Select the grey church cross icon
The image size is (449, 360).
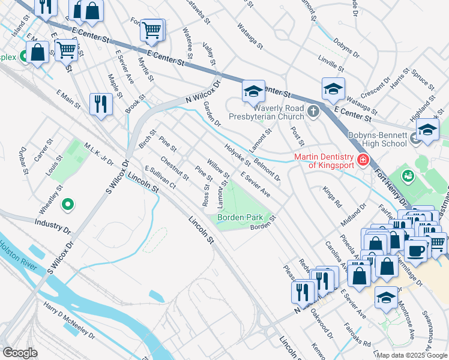[313, 111]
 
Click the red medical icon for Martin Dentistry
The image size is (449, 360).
[362, 160]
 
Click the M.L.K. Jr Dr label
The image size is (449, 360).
[98, 154]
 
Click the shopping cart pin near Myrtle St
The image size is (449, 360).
[152, 29]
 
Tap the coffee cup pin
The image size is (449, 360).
[415, 249]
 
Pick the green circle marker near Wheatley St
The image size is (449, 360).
[68, 205]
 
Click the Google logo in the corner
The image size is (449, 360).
[20, 353]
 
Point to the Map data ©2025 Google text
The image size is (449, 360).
[411, 355]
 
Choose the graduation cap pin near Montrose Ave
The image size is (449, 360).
[385, 297]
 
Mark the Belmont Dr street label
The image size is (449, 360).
[267, 169]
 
